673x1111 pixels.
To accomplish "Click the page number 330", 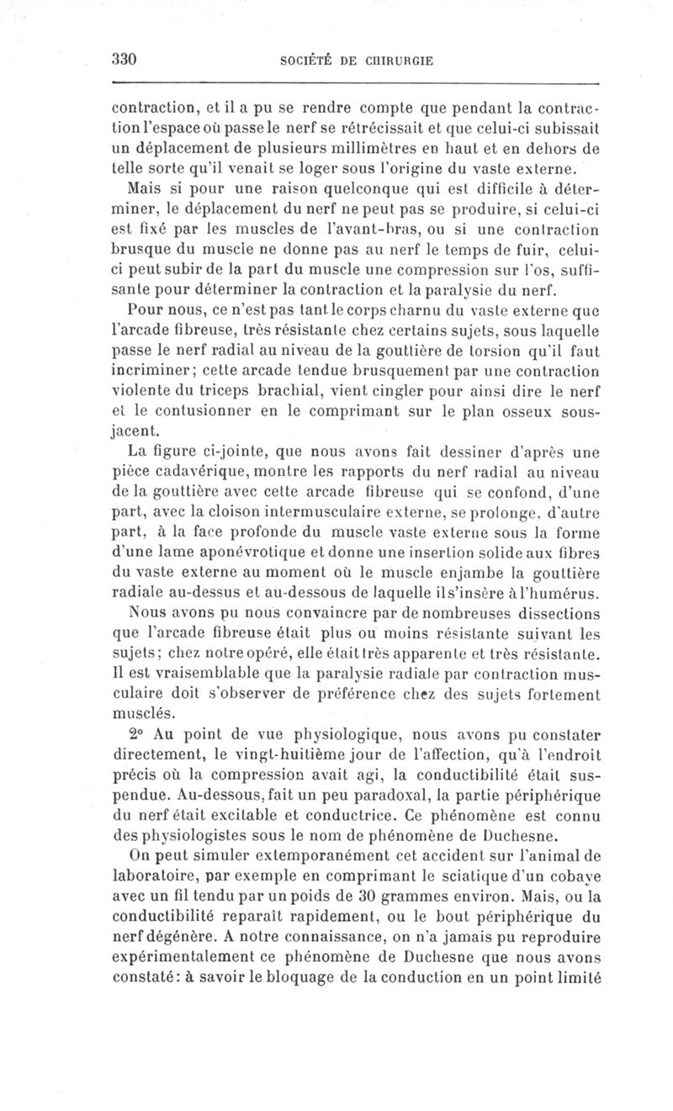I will point(124,60).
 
